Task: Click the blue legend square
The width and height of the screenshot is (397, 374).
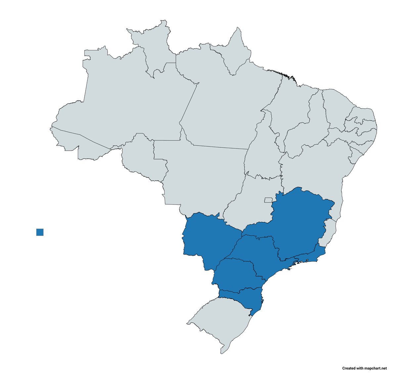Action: point(40,232)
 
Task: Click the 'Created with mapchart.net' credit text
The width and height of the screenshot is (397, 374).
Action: point(364,368)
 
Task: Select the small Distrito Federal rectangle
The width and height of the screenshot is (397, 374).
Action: point(268,200)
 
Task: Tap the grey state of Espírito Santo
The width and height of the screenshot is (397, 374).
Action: point(331,231)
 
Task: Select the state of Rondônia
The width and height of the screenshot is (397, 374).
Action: point(142,159)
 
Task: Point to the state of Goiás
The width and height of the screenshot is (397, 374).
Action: point(251,198)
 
